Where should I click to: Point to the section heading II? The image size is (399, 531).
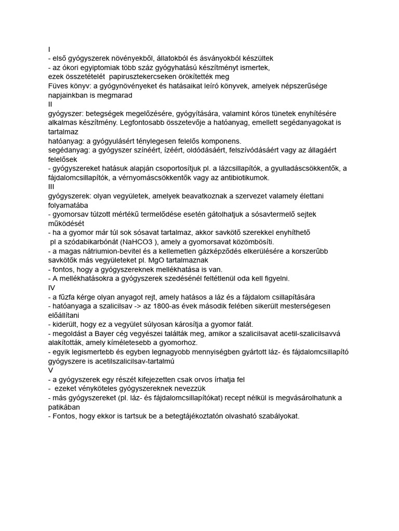pyautogui.click(x=50, y=104)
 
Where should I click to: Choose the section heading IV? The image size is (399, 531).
pyautogui.click(x=51, y=287)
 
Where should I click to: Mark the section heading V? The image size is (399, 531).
pyautogui.click(x=50, y=370)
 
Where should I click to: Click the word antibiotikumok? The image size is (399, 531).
pyautogui.click(x=240, y=178)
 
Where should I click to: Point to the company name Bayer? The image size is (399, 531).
pyautogui.click(x=116, y=333)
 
